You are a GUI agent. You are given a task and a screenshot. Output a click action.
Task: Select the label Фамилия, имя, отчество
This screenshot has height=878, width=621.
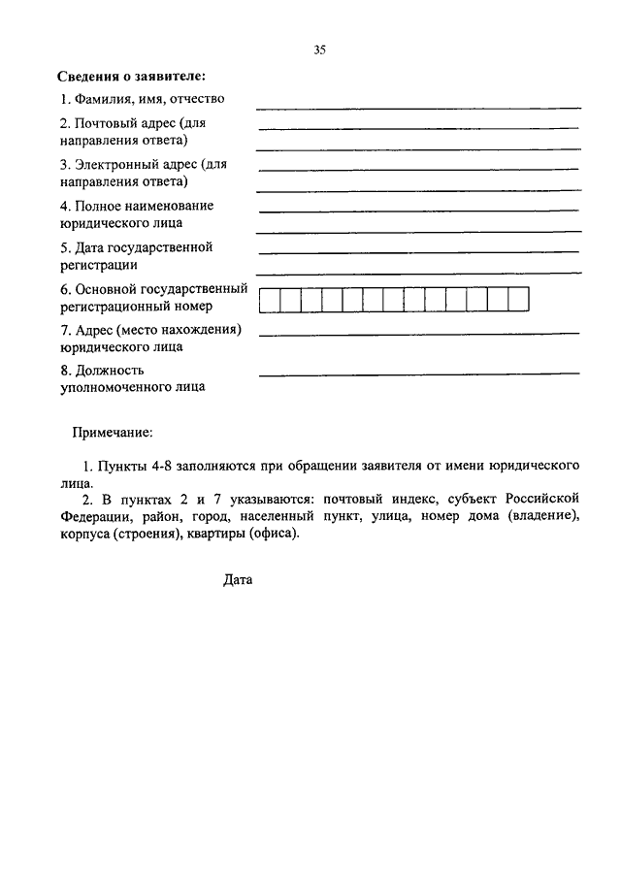click(142, 99)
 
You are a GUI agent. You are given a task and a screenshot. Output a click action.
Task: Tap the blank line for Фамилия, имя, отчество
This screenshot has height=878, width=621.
click(418, 107)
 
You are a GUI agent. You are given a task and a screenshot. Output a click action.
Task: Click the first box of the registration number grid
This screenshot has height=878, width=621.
click(270, 300)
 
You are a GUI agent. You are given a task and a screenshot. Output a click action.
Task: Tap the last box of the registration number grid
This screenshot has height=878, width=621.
click(519, 300)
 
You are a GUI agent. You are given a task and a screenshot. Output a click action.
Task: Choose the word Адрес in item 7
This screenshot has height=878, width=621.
click(93, 329)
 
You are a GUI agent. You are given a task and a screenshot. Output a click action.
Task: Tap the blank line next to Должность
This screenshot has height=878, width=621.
click(418, 373)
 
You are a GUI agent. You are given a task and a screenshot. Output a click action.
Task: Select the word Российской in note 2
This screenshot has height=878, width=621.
click(546, 499)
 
